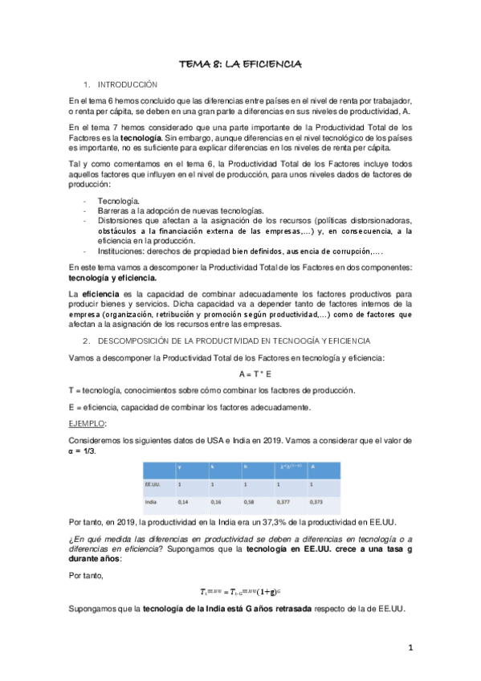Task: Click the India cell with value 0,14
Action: (182, 501)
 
